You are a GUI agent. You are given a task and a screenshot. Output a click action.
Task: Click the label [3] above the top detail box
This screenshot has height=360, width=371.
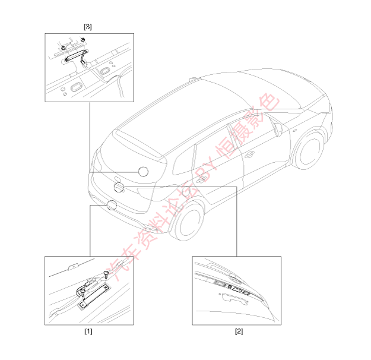[x=88, y=27]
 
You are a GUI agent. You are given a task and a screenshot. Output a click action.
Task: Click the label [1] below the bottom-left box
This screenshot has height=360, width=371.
[x=88, y=331]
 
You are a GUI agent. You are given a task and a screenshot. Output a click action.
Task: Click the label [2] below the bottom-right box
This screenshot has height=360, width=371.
[x=239, y=331]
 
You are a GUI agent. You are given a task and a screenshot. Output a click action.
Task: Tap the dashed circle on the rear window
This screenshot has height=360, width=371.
[x=143, y=172]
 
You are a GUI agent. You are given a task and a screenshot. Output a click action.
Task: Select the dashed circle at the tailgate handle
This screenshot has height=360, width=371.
[x=119, y=187]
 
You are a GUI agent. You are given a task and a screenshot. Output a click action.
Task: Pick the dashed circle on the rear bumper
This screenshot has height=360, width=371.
[x=112, y=205]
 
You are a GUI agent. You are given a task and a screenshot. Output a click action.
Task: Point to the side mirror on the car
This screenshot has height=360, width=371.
[x=278, y=129]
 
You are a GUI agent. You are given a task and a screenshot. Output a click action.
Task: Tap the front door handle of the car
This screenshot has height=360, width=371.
[x=249, y=154]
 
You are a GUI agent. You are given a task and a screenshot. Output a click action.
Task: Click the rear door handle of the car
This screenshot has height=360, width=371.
[x=201, y=179]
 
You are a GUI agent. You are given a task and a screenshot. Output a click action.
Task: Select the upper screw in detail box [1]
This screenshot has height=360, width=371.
[x=106, y=274]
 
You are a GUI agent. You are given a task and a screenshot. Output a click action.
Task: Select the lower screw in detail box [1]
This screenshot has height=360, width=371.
[x=83, y=292]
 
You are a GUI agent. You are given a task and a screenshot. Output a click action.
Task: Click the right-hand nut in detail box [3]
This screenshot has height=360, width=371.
[x=83, y=39]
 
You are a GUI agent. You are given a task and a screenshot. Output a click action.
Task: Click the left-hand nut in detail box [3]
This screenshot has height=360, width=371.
[x=63, y=48]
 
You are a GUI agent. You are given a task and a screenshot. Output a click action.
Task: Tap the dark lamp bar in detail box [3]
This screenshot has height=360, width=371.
[x=74, y=55]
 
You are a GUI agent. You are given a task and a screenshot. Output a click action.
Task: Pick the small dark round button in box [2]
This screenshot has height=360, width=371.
[x=229, y=287]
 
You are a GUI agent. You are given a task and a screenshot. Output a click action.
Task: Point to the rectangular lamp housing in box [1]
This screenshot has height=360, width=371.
[x=94, y=297]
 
